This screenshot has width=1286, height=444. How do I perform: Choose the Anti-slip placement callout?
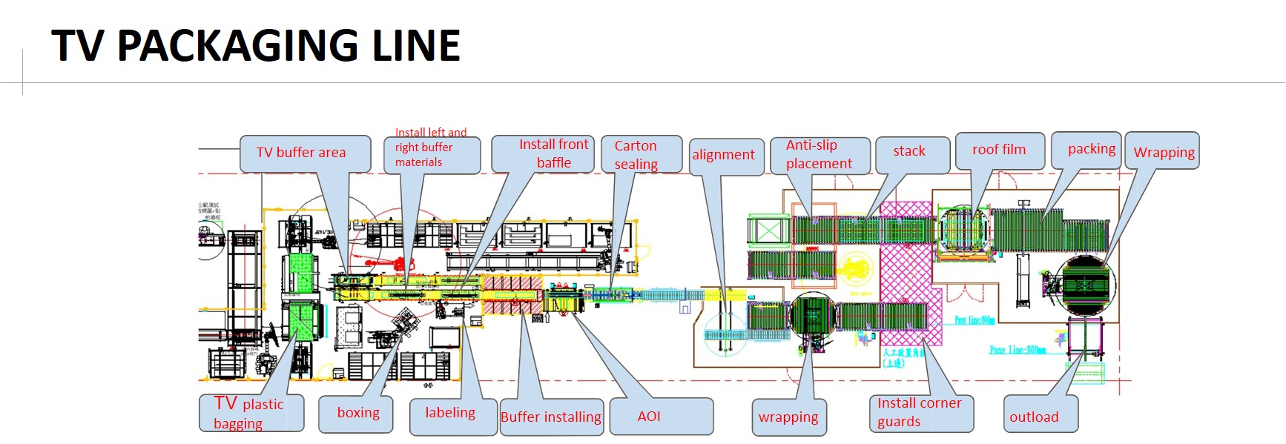[819, 155]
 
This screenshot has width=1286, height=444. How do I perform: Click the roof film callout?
[999, 150]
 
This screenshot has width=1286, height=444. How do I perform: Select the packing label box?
[1092, 150]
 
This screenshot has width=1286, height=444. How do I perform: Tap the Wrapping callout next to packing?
[1162, 152]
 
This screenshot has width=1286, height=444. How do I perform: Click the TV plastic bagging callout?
[251, 413]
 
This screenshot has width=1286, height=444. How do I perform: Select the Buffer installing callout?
[552, 417]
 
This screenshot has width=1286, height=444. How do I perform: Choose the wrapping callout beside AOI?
[789, 417]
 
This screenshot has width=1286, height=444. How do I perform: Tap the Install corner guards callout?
[920, 413]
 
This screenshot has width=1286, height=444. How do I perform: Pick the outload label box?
[1040, 417]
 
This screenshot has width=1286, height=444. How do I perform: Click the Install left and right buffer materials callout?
[432, 154]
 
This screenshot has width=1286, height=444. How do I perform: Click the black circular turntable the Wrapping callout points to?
[1088, 285]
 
